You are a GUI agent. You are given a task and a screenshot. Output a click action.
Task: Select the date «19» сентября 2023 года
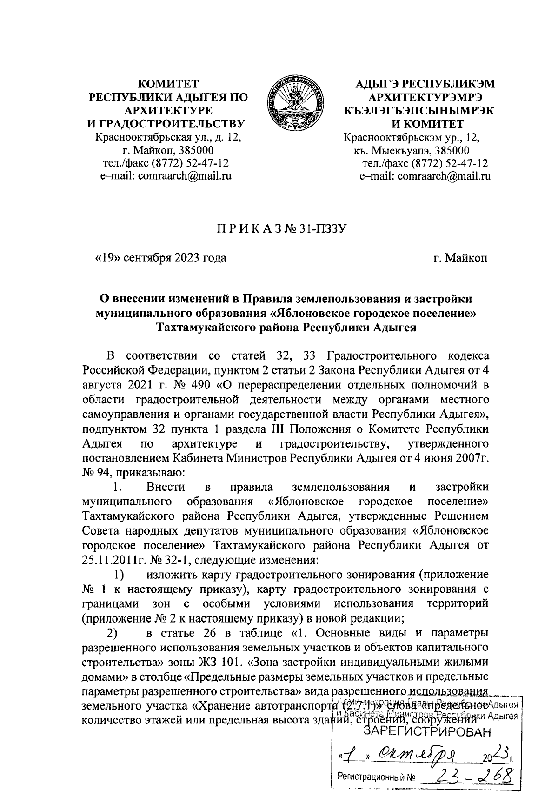[160, 257]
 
